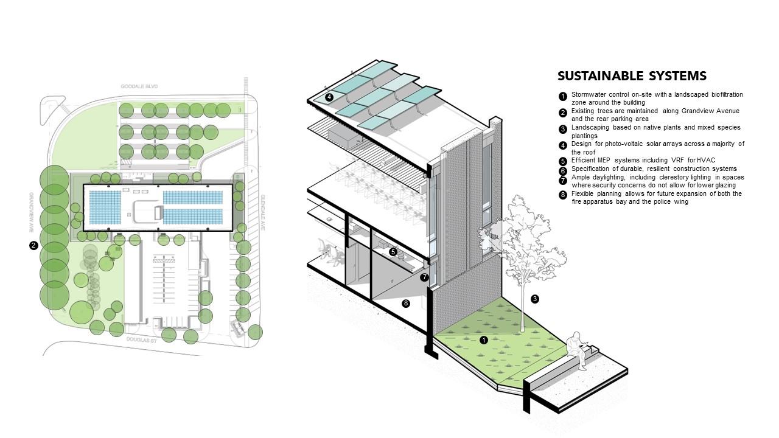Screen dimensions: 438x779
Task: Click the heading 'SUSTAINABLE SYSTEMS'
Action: (632, 76)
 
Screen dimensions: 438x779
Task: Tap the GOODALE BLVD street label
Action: (139, 87)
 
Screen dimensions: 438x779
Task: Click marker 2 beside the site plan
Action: (33, 246)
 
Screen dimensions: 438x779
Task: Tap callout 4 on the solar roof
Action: (329, 97)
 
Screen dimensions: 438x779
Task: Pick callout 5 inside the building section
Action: (393, 251)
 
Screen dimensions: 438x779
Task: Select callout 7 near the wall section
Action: (424, 277)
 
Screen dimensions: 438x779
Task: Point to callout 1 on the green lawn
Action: (484, 340)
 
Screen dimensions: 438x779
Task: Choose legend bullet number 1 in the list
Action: (563, 96)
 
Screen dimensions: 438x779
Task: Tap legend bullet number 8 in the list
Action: (563, 195)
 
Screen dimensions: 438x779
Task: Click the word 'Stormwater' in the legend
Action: (587, 95)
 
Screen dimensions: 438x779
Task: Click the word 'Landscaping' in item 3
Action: (590, 128)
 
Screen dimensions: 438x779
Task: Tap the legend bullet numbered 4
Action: (563, 145)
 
